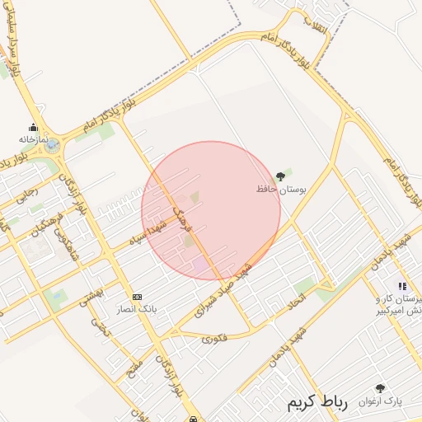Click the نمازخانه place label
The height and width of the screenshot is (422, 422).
click(35, 140)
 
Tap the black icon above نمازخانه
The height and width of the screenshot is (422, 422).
click(34, 128)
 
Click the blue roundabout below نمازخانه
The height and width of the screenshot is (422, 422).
click(52, 146)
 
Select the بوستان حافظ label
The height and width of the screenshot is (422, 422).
click(281, 189)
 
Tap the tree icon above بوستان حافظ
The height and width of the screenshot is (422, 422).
click(281, 176)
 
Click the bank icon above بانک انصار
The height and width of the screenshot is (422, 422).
click(137, 297)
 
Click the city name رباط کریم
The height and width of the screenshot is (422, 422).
click(317, 402)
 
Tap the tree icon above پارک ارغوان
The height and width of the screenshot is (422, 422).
click(380, 388)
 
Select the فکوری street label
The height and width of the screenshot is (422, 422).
click(213, 338)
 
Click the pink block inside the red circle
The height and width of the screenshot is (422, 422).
click(200, 265)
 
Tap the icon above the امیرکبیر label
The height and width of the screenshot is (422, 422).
click(402, 286)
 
